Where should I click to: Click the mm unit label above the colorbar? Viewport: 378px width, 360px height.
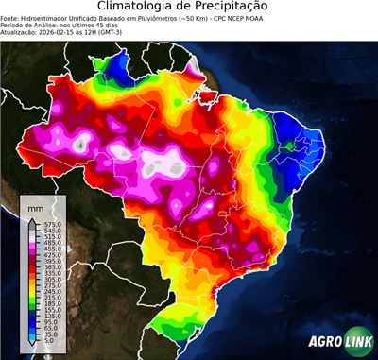pyautogui.click(x=36, y=205)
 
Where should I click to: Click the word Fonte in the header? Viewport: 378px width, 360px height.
pyautogui.click(x=10, y=17)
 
